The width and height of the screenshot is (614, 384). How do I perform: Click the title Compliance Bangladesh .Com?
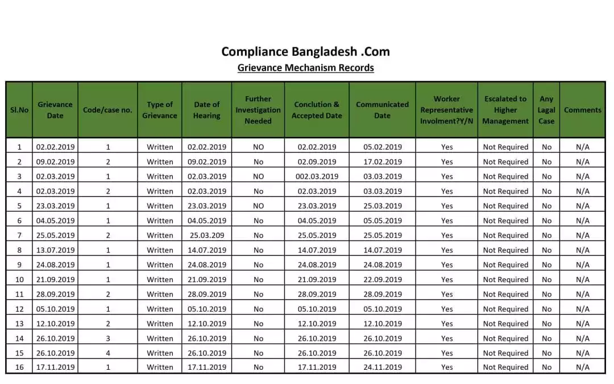point(305,52)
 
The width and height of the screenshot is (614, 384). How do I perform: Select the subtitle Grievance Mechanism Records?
point(305,68)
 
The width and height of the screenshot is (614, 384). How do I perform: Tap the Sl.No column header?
point(19,110)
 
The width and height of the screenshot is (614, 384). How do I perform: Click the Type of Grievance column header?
point(159,110)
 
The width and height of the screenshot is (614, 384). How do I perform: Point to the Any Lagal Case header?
point(546,110)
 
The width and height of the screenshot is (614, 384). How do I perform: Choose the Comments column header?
point(582,110)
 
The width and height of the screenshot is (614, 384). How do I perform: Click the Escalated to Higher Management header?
point(505,110)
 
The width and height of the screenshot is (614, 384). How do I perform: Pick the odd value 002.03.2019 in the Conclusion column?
point(317,176)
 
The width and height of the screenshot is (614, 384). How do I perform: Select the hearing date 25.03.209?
point(207,236)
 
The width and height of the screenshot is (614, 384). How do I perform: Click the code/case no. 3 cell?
point(108,338)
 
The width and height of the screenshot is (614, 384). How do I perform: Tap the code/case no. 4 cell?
point(108,353)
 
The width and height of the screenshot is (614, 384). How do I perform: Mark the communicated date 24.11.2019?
point(383,368)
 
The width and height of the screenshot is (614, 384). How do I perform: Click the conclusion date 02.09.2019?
point(317,162)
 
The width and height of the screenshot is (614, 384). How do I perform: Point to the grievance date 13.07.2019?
point(55,250)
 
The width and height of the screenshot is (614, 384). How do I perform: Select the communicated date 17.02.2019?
point(383,162)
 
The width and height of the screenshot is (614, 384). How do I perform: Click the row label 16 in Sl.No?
point(19,368)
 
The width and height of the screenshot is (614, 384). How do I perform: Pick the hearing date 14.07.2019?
point(207,250)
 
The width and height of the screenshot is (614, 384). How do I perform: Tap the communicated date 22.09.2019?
point(383,280)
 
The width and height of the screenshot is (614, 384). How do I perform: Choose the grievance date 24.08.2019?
point(55,265)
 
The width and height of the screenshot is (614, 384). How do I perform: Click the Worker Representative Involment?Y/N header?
point(446,110)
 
